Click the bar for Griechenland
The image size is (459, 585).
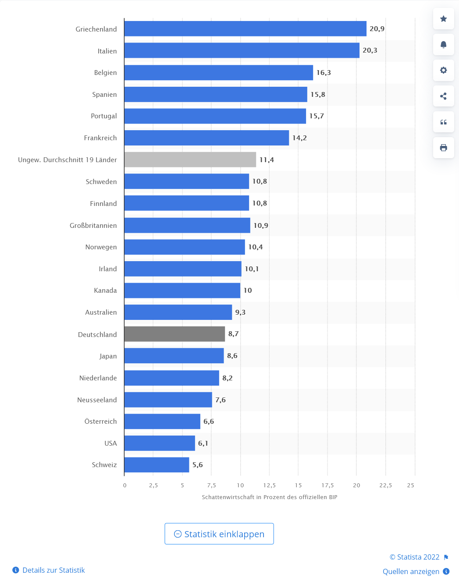[245, 29]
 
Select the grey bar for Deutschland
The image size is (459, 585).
[174, 334]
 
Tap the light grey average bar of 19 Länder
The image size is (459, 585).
[190, 160]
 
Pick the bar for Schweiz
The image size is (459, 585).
[157, 465]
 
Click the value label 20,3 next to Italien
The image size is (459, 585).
[370, 50]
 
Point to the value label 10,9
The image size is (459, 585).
[261, 226]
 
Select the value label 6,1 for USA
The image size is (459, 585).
[203, 443]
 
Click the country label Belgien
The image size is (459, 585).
[105, 73]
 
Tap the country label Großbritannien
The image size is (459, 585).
[93, 226]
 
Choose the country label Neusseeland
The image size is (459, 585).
[97, 400]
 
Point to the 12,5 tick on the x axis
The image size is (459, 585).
[269, 486]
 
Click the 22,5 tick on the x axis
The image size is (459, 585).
[385, 486]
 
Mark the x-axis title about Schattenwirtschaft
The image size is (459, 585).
[269, 497]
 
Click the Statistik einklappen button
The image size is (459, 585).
[219, 534]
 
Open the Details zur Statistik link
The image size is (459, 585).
[53, 570]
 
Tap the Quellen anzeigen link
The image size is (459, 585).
[411, 571]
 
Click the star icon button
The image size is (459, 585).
[443, 19]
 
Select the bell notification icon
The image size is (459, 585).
[443, 45]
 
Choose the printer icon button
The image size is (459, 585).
[443, 148]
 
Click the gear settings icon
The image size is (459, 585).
[443, 70]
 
